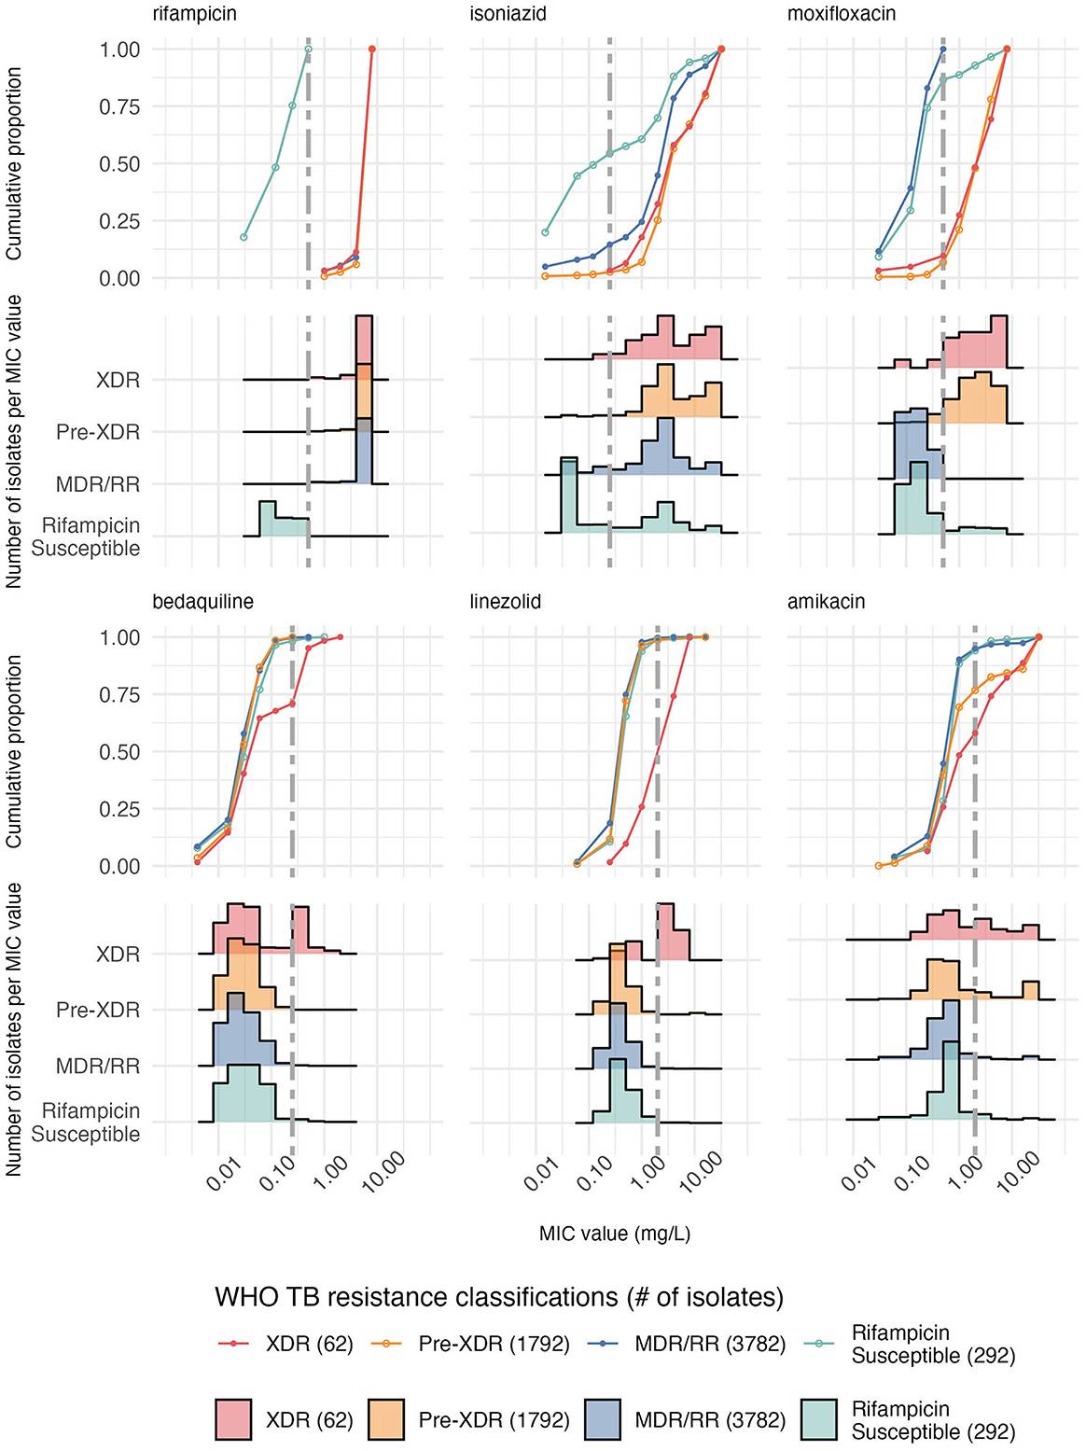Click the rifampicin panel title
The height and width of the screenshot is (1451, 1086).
pyautogui.click(x=194, y=15)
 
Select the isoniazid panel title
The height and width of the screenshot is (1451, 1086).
pyautogui.click(x=508, y=15)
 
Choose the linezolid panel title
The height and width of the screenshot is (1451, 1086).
pyautogui.click(x=505, y=602)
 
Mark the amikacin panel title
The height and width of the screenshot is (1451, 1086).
pyautogui.click(x=826, y=602)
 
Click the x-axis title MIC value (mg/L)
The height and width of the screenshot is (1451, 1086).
pyautogui.click(x=615, y=1234)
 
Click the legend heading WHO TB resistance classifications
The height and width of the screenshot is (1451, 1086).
pyautogui.click(x=498, y=1297)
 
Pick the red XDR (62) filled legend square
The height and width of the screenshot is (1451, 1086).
pyautogui.click(x=233, y=1419)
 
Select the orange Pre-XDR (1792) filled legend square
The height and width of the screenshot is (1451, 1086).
pyautogui.click(x=385, y=1419)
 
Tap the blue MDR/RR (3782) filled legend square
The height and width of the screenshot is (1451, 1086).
pyautogui.click(x=603, y=1419)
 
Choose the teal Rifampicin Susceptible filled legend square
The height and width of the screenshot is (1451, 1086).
pyautogui.click(x=819, y=1419)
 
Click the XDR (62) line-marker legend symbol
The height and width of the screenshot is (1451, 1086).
pyautogui.click(x=233, y=1344)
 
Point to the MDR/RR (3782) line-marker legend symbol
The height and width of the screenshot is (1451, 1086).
pyautogui.click(x=603, y=1344)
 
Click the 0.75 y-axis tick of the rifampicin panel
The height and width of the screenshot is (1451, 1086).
pyautogui.click(x=119, y=106)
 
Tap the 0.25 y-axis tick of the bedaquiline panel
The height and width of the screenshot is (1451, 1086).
pyautogui.click(x=119, y=809)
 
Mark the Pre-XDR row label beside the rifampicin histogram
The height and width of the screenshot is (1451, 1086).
pyautogui.click(x=98, y=432)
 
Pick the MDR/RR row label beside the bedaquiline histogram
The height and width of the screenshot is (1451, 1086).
pyautogui.click(x=98, y=1066)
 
